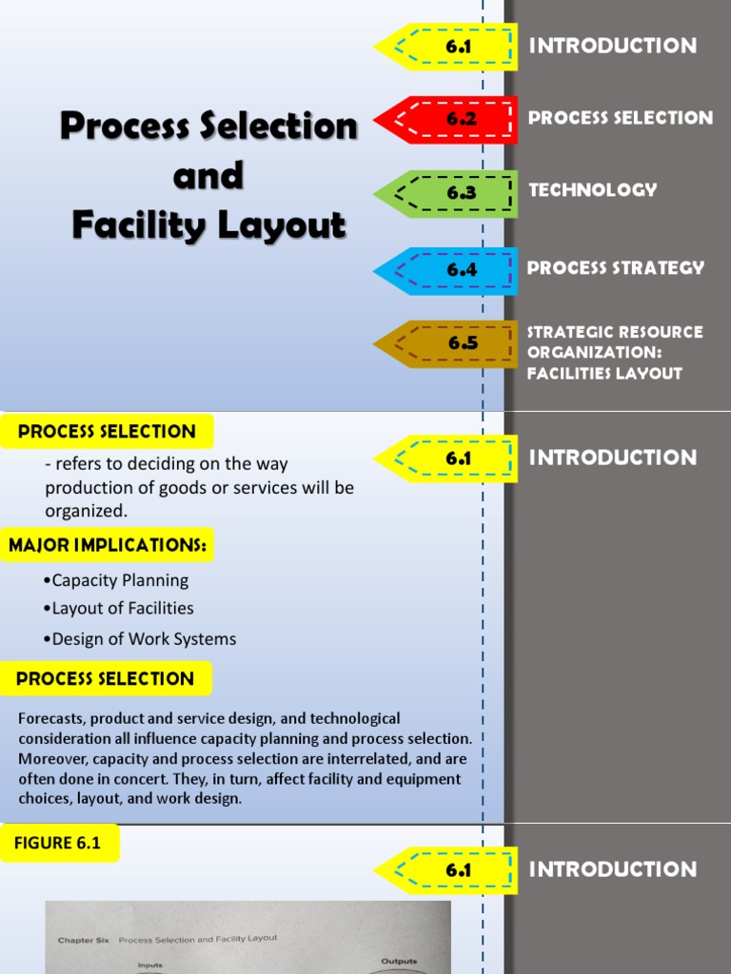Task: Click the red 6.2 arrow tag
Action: coord(447,120)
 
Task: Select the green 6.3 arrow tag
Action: coord(447,193)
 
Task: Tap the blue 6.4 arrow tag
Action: coord(447,270)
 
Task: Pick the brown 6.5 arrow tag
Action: coord(447,343)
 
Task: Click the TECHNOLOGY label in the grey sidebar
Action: coord(593,190)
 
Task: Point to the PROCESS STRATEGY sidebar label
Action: coord(616,268)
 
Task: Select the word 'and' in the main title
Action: coord(207,176)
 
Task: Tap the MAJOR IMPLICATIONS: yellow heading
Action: coord(108,546)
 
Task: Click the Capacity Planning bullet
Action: coord(120,580)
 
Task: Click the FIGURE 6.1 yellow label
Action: coord(59,843)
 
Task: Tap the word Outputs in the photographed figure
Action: coord(399,961)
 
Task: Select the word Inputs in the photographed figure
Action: coord(150,964)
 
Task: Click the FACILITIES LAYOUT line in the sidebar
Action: coord(604,374)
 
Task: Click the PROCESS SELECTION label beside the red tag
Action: coord(621,118)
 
